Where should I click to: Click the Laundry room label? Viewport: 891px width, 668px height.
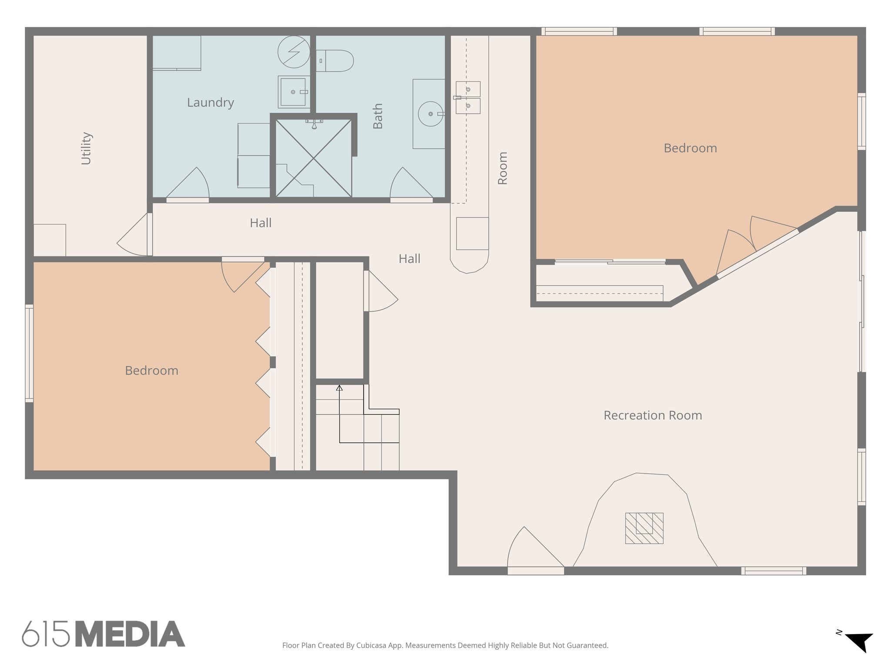(x=211, y=103)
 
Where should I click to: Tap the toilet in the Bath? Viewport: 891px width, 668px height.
(x=335, y=61)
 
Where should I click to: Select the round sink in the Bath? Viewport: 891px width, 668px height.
(x=430, y=114)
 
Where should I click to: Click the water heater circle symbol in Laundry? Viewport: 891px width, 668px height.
(x=294, y=52)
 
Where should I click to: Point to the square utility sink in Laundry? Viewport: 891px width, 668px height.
(x=293, y=92)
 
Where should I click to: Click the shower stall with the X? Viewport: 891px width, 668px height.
(x=314, y=159)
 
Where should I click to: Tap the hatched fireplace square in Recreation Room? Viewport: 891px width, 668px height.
(x=644, y=528)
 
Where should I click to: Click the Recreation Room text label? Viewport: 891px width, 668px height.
(x=653, y=415)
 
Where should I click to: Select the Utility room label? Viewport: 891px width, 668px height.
(x=86, y=148)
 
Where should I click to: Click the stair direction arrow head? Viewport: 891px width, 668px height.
(x=339, y=387)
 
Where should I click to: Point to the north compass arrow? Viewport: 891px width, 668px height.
(x=860, y=641)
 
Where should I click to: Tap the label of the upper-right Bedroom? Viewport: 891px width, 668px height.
(x=690, y=148)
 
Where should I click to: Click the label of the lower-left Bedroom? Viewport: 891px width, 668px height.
(x=151, y=371)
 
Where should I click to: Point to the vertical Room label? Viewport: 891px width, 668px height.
(x=502, y=168)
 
